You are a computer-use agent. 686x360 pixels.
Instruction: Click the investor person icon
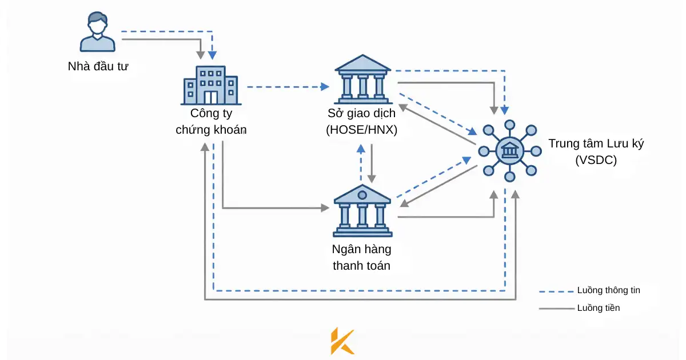(97, 33)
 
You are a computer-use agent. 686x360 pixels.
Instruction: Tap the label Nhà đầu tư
(98, 66)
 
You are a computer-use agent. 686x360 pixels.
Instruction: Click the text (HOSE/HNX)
(361, 130)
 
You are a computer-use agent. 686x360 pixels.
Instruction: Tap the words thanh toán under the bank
(361, 265)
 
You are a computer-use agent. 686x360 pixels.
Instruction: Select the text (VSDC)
(596, 160)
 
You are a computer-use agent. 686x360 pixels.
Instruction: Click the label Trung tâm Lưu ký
(596, 143)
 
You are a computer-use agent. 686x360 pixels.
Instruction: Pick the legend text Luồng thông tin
(608, 290)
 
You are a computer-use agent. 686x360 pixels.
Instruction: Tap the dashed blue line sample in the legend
(556, 291)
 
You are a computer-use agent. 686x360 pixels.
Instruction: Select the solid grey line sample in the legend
(556, 309)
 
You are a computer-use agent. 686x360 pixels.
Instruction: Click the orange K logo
(342, 341)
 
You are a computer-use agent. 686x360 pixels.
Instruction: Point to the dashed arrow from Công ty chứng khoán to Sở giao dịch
(286, 87)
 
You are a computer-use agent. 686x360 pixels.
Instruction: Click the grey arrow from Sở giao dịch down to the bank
(372, 163)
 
